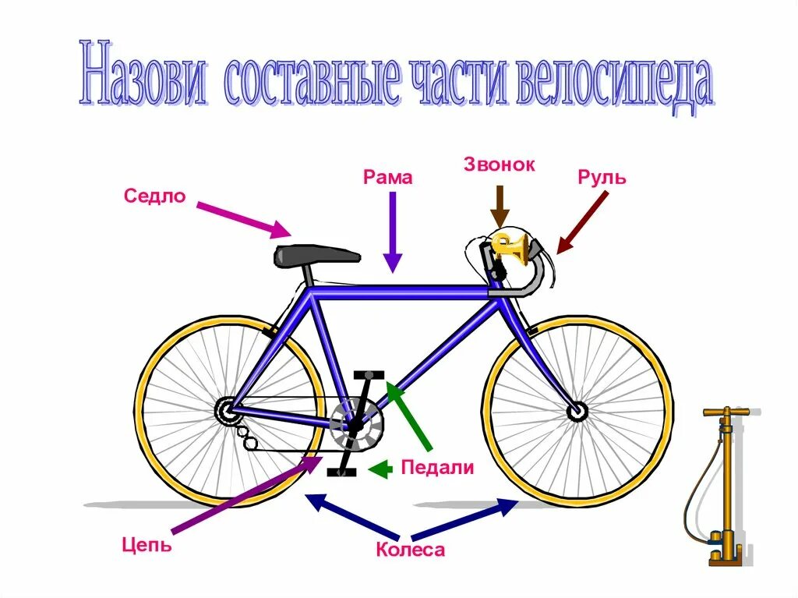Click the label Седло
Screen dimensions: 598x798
pyautogui.click(x=154, y=196)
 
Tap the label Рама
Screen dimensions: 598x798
pyautogui.click(x=387, y=178)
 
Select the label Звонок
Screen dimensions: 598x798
pyautogui.click(x=499, y=165)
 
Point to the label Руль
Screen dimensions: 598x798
pyautogui.click(x=602, y=177)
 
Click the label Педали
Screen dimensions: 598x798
pyautogui.click(x=437, y=468)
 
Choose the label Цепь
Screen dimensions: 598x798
pyautogui.click(x=147, y=543)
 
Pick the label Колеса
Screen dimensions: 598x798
pyautogui.click(x=410, y=550)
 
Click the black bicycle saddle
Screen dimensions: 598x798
pyautogui.click(x=316, y=255)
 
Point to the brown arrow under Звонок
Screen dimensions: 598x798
pyautogui.click(x=500, y=206)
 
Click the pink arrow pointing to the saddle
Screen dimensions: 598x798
pyautogui.click(x=243, y=219)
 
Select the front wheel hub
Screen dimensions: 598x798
pyautogui.click(x=577, y=411)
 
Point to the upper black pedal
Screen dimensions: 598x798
pyautogui.click(x=372, y=375)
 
